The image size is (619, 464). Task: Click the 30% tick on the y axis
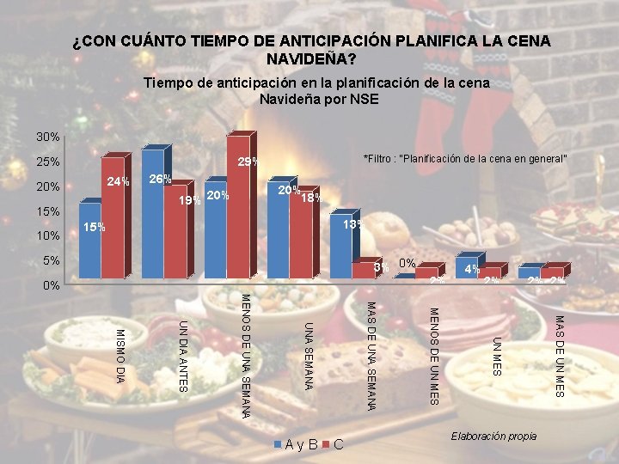tap(48, 137)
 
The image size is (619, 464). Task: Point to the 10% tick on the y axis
tap(48, 236)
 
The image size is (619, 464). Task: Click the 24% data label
tap(118, 181)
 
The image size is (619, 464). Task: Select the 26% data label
tap(160, 180)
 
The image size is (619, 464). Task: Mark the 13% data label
tap(352, 225)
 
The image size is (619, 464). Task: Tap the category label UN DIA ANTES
tap(182, 354)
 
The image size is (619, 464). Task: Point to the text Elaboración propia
tap(493, 437)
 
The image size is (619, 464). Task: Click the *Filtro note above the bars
tap(465, 159)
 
